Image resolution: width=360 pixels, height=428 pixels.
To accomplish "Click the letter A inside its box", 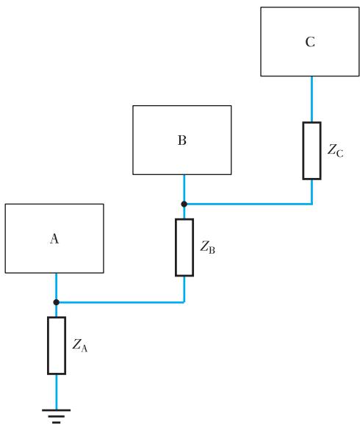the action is [54, 238].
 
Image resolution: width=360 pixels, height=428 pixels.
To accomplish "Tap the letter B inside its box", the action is [182, 140].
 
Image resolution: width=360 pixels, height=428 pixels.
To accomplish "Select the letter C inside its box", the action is [310, 42].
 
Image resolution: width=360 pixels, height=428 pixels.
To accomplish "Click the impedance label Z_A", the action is [80, 346].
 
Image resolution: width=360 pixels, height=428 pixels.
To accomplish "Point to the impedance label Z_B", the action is [208, 247].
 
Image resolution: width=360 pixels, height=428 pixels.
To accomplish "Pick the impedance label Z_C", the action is [336, 151].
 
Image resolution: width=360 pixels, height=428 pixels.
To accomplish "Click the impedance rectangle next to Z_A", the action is [57, 346].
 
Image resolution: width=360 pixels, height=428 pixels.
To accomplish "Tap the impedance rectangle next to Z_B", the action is [184, 247].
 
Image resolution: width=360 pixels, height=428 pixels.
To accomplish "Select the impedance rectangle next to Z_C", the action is [312, 151].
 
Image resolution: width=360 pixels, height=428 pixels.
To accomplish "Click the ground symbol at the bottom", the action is [57, 416].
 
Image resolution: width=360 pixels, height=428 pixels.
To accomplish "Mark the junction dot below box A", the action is [56, 302].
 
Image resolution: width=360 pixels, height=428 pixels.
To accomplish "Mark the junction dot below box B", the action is [184, 204].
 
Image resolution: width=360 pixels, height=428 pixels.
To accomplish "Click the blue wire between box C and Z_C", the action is [312, 99].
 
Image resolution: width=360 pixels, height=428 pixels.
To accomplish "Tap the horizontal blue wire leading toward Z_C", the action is [248, 204].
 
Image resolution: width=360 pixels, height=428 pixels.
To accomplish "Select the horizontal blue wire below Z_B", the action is [120, 302].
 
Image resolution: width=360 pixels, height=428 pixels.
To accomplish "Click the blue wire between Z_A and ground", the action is [57, 392].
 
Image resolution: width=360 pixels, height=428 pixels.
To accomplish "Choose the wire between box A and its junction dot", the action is [56, 286].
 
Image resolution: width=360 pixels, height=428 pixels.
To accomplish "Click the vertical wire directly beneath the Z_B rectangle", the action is [184, 289].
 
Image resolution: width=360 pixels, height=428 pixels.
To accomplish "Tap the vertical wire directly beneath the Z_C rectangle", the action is [312, 192].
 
